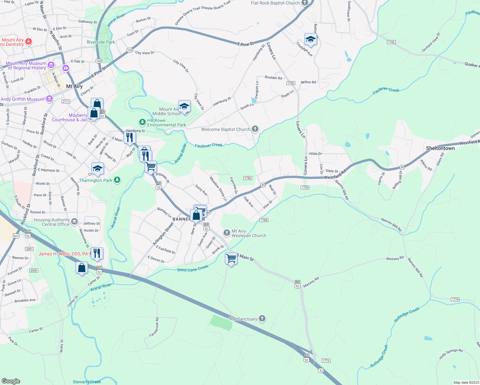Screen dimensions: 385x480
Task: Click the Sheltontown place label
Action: [440, 148]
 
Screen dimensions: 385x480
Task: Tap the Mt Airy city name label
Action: [74, 86]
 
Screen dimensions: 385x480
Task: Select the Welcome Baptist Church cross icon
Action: [255, 129]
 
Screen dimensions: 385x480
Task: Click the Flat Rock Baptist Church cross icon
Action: [304, 3]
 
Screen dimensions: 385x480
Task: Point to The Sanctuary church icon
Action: [262, 319]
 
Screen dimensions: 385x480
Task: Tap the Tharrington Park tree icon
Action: [117, 180]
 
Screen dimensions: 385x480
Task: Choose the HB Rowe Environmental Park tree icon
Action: [142, 122]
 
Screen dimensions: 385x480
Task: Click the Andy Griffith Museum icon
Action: [49, 99]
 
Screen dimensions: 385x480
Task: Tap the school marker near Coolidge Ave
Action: [310, 39]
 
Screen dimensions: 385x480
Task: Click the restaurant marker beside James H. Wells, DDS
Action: [97, 253]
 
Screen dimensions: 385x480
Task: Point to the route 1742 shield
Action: [391, 42]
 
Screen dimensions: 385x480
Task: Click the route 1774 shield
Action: [455, 299]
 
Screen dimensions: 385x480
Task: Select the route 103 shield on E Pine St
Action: [130, 50]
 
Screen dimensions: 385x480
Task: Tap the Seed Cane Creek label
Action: [193, 268]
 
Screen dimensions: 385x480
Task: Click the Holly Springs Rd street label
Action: [451, 354]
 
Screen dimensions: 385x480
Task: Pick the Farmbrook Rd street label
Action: [154, 327]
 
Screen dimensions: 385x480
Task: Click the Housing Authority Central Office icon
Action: [74, 221]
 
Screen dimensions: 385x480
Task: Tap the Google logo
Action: [11, 381]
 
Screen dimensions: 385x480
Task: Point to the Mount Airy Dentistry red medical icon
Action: [29, 42]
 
